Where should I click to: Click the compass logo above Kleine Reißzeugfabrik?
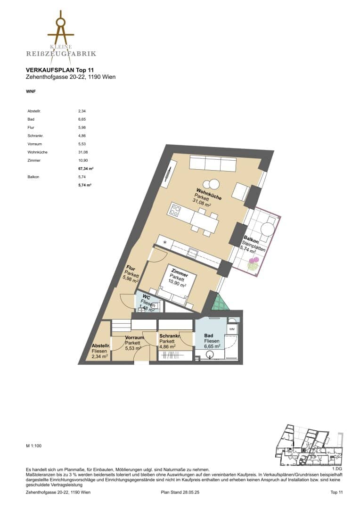(61, 31)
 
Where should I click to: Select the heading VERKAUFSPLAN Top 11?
(60, 70)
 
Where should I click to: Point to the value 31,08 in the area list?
(83, 152)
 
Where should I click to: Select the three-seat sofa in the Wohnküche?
(213, 163)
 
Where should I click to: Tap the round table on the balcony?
(268, 227)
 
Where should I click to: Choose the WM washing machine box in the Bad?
(232, 329)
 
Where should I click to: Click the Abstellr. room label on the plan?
(100, 351)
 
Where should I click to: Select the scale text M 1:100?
(34, 446)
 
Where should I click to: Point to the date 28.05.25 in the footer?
(191, 492)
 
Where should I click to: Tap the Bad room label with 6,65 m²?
(212, 341)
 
